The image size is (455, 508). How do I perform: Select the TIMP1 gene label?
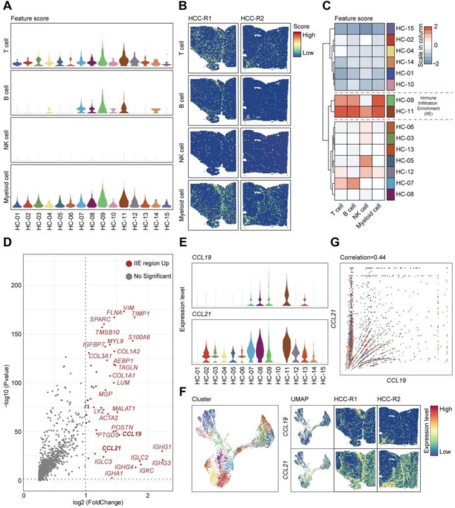[141, 314]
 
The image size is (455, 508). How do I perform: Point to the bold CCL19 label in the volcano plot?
[132, 433]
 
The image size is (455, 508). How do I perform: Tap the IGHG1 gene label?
[161, 447]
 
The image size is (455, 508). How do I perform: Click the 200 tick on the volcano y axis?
[13, 284]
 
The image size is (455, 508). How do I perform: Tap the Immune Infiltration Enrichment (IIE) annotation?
[432, 105]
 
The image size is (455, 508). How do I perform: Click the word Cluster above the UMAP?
[203, 398]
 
